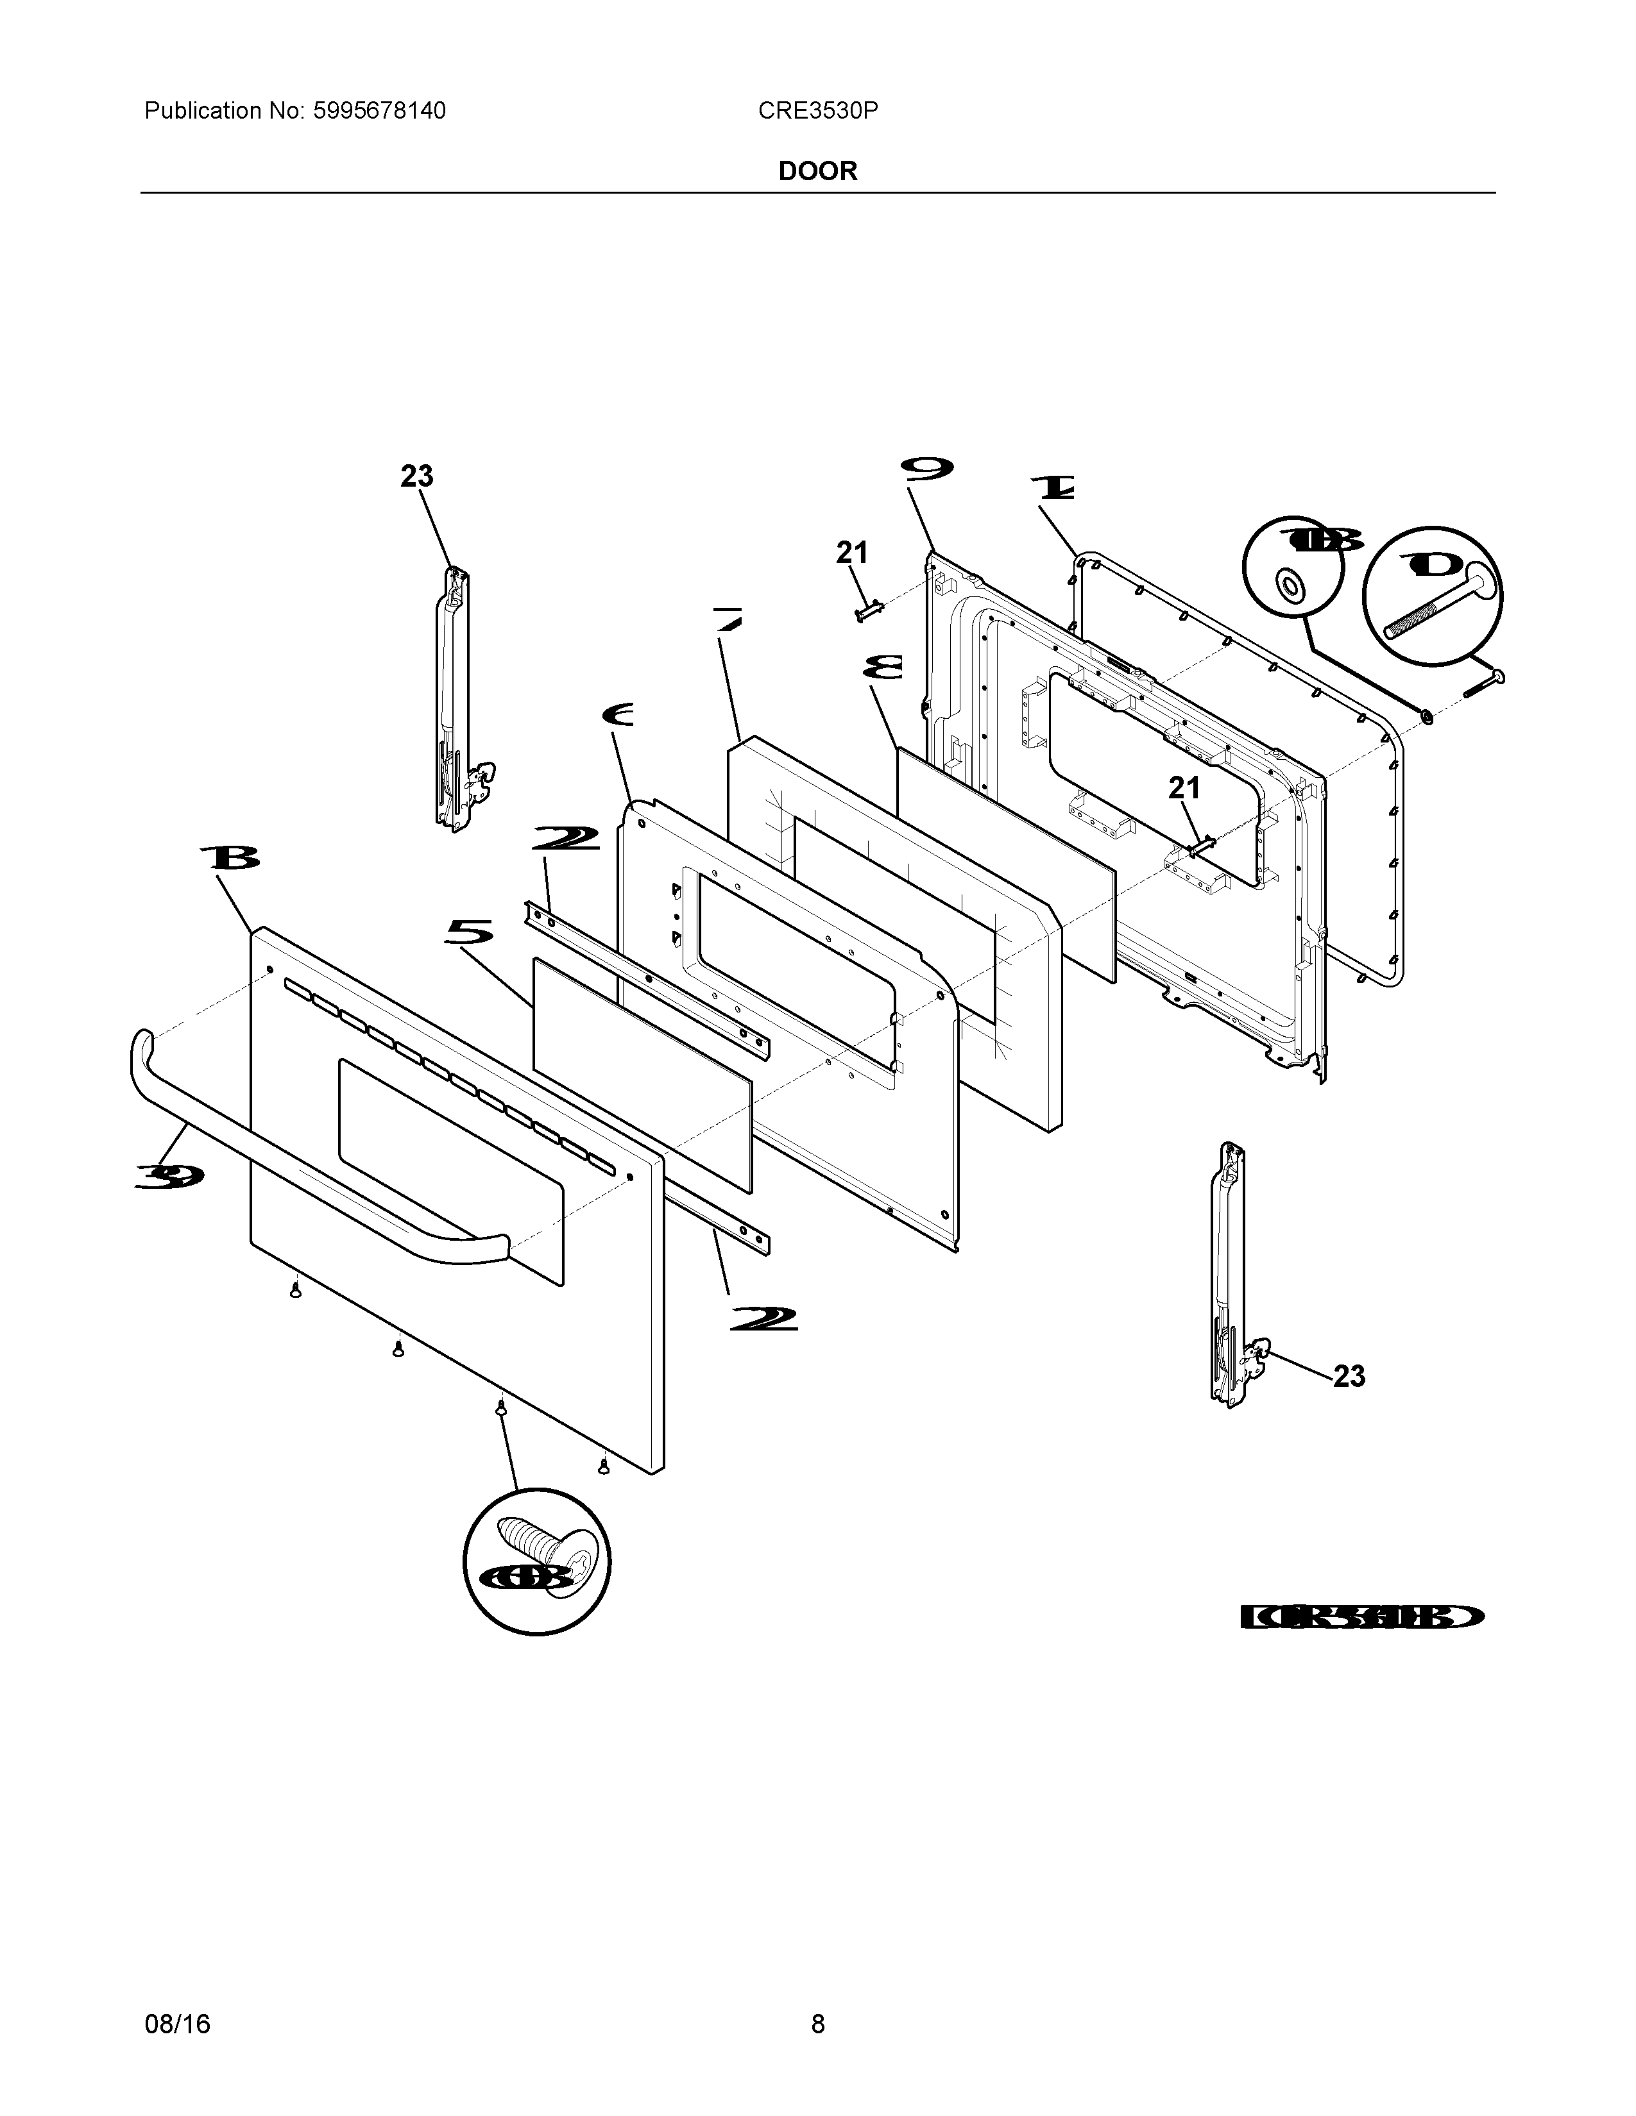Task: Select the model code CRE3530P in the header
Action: click(818, 112)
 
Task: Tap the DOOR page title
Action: click(818, 171)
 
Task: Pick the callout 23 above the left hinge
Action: click(417, 476)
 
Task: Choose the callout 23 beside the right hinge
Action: click(1349, 1376)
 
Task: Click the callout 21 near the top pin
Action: click(852, 553)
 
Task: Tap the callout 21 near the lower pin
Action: click(1184, 789)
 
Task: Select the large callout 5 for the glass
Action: click(469, 933)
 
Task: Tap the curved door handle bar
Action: click(310, 1163)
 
